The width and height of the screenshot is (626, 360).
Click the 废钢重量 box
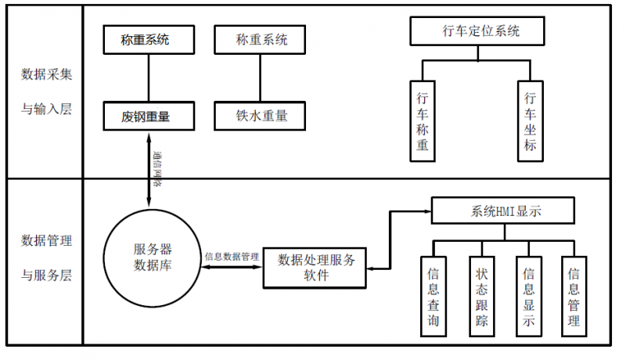click(x=146, y=117)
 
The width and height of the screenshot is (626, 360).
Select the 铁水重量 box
click(x=261, y=117)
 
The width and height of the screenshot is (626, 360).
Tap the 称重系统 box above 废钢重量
click(x=146, y=39)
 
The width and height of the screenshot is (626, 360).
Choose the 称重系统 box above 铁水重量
click(x=261, y=39)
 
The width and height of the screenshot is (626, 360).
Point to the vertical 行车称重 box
click(x=423, y=121)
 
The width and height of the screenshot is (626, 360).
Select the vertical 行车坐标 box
click(x=529, y=121)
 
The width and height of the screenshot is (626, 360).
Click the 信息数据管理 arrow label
click(x=232, y=256)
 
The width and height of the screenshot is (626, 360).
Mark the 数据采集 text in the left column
click(x=47, y=74)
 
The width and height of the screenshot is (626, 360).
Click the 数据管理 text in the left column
click(x=47, y=240)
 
